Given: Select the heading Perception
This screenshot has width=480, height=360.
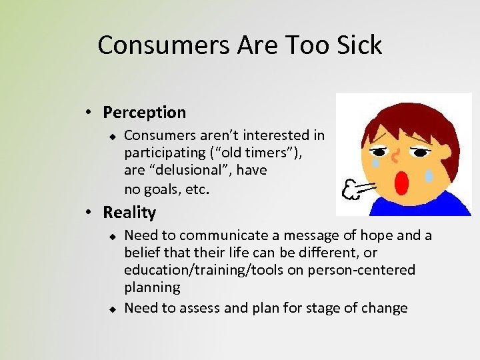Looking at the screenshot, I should [145, 112].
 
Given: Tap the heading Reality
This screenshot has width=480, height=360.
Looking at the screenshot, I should [129, 213].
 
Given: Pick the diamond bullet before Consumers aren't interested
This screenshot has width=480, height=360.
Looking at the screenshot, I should [113, 136].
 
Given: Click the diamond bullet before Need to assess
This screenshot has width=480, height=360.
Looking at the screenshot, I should [113, 309].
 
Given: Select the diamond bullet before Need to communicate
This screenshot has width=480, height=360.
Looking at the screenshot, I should [113, 235].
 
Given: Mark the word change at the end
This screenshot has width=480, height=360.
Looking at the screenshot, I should [385, 308].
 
